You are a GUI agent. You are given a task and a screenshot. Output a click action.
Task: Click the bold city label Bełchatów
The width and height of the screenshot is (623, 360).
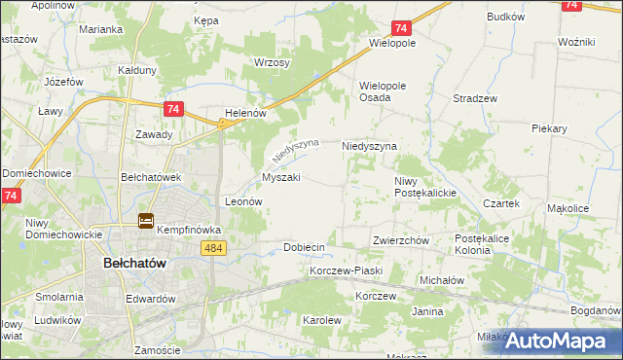point(135,264)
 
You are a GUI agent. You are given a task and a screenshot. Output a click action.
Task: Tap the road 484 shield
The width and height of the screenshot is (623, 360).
point(216,249)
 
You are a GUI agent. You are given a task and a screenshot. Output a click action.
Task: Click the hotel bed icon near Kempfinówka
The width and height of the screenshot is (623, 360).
point(145,222)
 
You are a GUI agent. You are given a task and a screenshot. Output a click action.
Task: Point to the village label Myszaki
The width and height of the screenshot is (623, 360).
point(280,178)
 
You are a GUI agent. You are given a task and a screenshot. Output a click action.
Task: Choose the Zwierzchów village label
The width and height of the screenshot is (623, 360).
point(401,240)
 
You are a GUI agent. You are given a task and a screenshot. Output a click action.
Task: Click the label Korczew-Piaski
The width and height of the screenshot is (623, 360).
point(346,270)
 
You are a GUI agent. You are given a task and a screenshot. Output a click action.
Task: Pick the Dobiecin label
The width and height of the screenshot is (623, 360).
point(304,248)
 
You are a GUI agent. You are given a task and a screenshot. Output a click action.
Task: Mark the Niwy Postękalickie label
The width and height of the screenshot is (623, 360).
point(425,187)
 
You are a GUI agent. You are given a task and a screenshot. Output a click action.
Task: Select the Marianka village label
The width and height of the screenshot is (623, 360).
point(101,29)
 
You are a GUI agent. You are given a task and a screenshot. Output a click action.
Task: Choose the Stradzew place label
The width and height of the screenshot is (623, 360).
point(476,99)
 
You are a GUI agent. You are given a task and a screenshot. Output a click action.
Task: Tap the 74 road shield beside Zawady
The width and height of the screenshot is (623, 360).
point(172,110)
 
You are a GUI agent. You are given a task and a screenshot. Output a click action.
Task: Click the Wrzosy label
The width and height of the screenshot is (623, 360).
point(272,62)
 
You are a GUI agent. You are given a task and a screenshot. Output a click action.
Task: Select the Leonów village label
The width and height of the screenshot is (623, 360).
point(244,201)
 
